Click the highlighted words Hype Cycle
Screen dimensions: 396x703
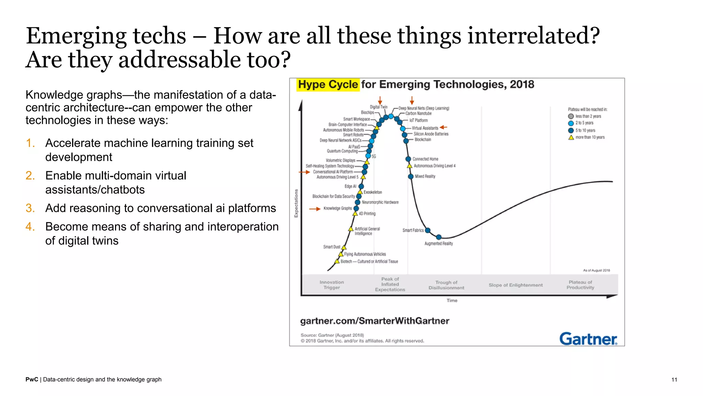pyautogui.click(x=328, y=85)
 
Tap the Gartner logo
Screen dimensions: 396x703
pyautogui.click(x=588, y=339)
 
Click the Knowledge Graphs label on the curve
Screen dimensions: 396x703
pyautogui.click(x=337, y=208)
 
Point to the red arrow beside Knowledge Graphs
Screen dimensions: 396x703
pyautogui.click(x=314, y=209)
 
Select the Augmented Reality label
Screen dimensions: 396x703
pyautogui.click(x=438, y=243)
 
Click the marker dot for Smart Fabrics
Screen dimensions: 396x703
pyautogui.click(x=428, y=230)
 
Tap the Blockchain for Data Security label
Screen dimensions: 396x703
pyautogui.click(x=333, y=196)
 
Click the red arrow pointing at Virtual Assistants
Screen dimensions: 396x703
pyautogui.click(x=443, y=127)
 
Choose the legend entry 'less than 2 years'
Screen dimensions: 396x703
pyautogui.click(x=588, y=116)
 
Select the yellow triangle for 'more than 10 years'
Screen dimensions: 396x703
pyautogui.click(x=571, y=137)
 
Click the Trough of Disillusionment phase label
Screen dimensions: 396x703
pyautogui.click(x=446, y=285)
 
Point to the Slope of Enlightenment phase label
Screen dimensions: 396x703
pyautogui.click(x=516, y=285)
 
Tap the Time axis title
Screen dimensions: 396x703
pyautogui.click(x=452, y=300)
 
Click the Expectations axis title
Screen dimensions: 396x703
pyautogui.click(x=296, y=203)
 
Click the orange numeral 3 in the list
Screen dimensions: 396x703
pyautogui.click(x=30, y=208)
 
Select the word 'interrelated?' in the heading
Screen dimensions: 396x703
pyautogui.click(x=533, y=35)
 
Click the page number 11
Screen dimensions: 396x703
pyautogui.click(x=674, y=379)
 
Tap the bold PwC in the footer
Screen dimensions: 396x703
pyautogui.click(x=32, y=379)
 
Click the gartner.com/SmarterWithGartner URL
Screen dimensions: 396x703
pyautogui.click(x=374, y=321)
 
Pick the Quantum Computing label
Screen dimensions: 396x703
pyautogui.click(x=342, y=151)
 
